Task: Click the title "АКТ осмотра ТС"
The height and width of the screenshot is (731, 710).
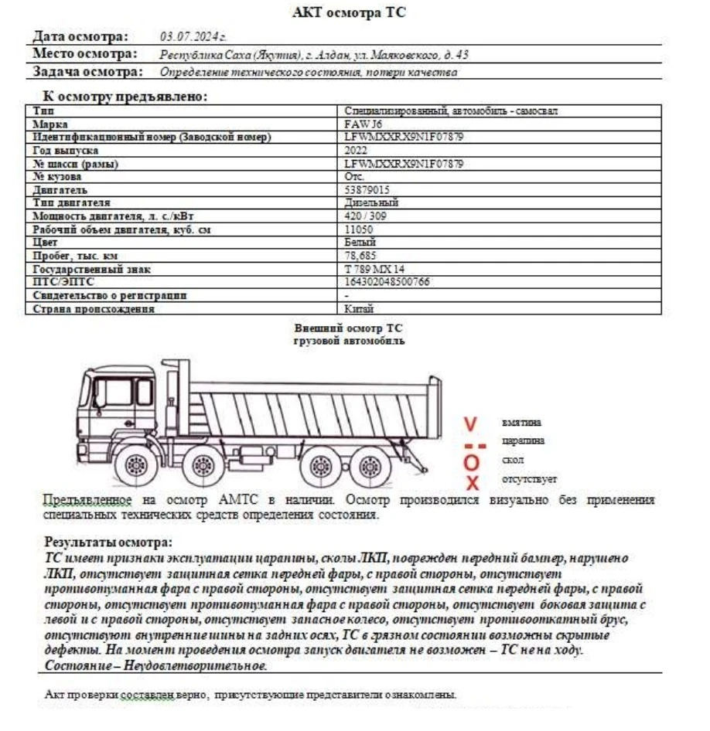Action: coord(349,12)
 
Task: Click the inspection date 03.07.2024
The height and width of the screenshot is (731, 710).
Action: coord(193,36)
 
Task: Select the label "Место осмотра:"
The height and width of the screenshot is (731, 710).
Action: coord(85,54)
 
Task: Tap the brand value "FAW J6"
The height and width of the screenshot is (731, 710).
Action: coord(361,124)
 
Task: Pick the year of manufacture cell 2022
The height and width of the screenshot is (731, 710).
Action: coord(356,151)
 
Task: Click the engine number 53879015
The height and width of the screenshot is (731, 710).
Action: coord(367,189)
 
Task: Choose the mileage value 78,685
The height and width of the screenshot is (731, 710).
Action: coord(360,255)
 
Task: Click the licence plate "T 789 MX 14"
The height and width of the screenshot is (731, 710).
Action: coord(374,269)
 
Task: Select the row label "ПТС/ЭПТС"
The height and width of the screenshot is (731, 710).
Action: coord(63,282)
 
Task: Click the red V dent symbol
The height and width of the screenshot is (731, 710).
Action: coord(471,423)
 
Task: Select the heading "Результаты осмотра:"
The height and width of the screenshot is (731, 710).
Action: coord(108,542)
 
